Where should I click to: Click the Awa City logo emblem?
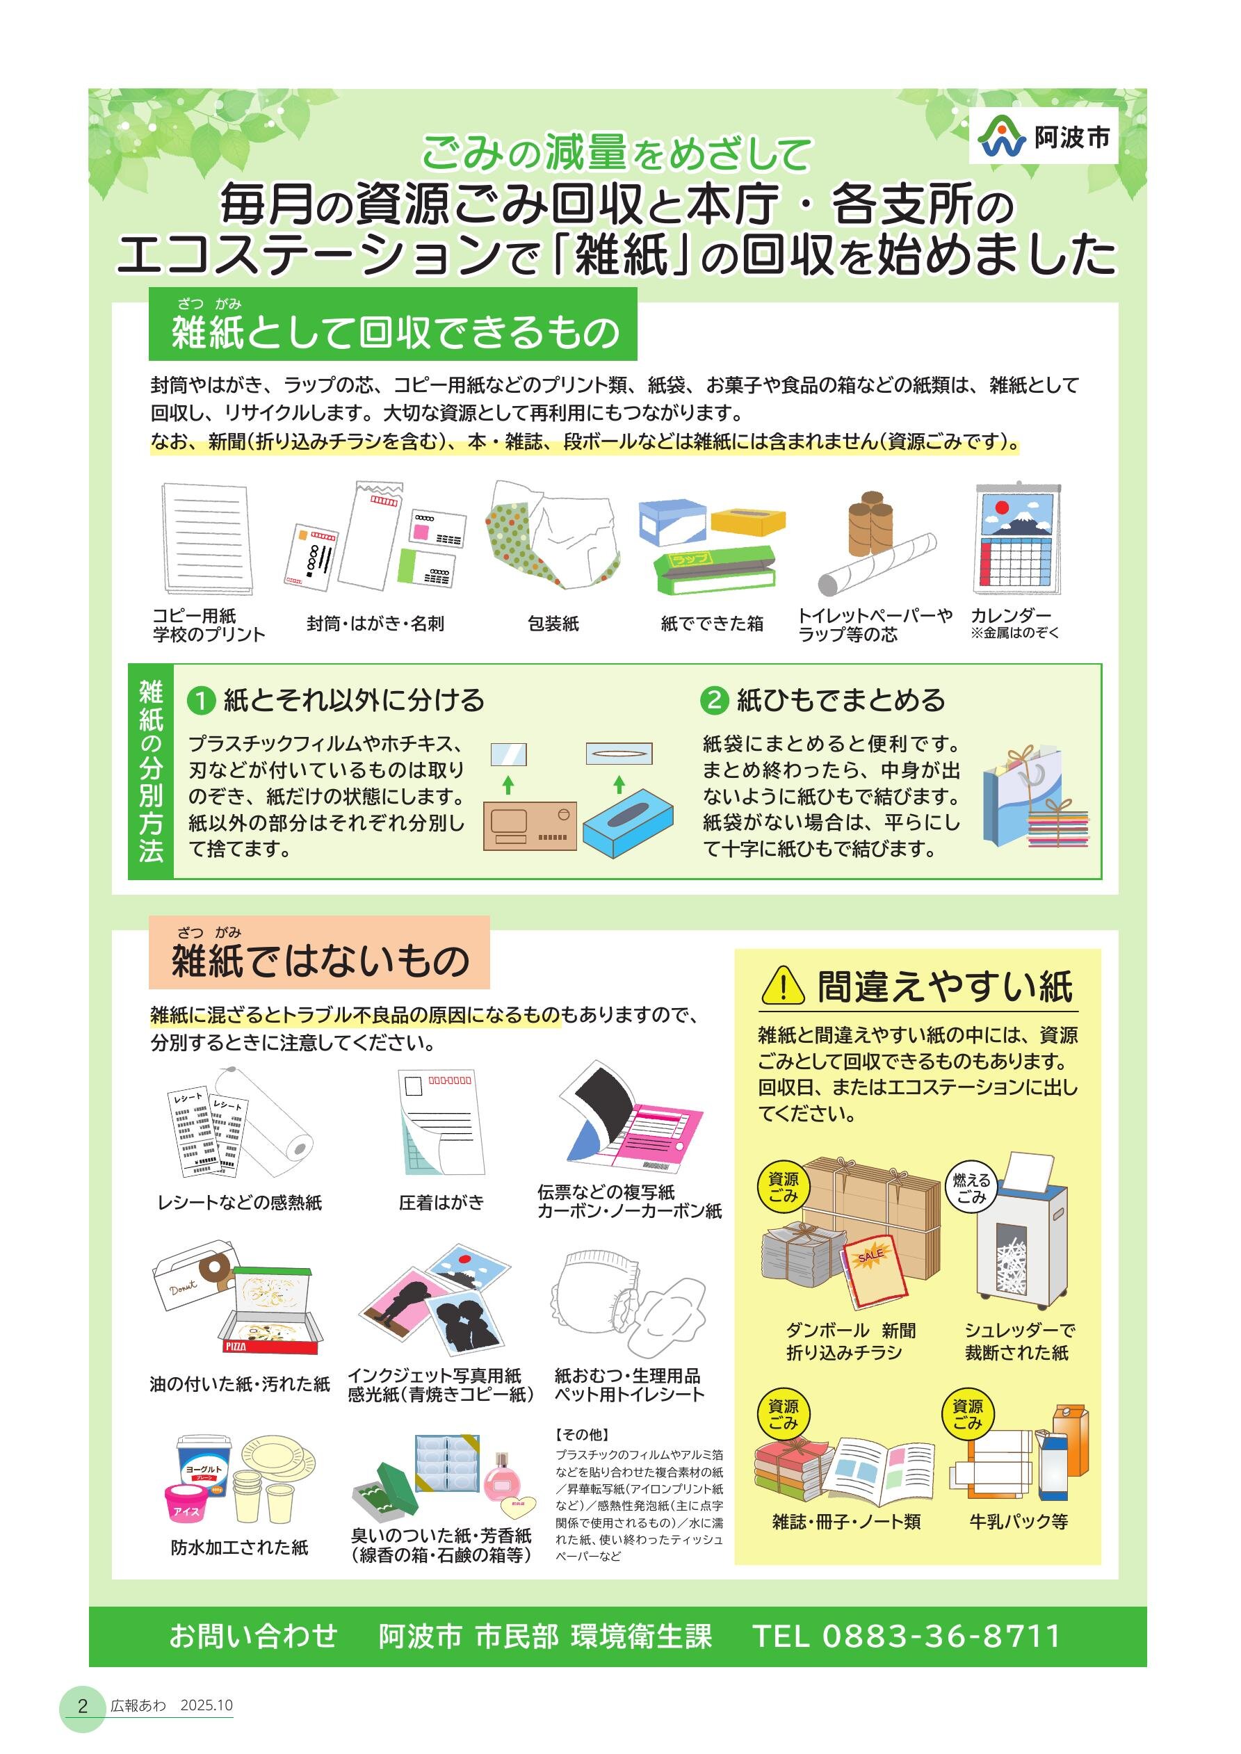(1003, 137)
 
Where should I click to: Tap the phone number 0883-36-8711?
(941, 1636)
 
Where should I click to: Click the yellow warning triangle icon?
(783, 986)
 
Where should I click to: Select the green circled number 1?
(201, 701)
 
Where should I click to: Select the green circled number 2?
(714, 701)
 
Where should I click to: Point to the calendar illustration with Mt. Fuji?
(1019, 539)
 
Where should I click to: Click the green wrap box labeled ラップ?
(715, 571)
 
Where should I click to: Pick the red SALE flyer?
(875, 1269)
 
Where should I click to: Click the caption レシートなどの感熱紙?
(240, 1203)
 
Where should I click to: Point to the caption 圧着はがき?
(441, 1203)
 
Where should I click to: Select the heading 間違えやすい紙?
(946, 986)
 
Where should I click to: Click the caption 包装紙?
(553, 624)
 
